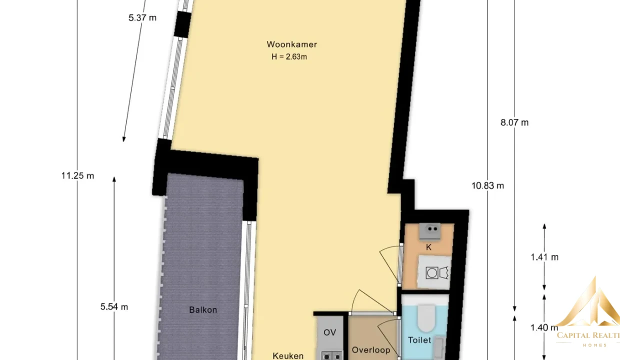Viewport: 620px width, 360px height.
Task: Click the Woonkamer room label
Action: [x=291, y=44]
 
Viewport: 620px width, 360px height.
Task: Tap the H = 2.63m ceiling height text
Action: [x=289, y=56]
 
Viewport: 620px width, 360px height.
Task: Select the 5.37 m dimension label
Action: [x=142, y=17]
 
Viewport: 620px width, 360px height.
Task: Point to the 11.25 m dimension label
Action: [x=78, y=175]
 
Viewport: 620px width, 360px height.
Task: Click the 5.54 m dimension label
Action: [x=114, y=306]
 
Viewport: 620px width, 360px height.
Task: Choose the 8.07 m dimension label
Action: [x=514, y=122]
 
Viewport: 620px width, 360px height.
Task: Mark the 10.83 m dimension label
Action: [x=487, y=185]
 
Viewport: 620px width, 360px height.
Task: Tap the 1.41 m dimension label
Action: [x=544, y=257]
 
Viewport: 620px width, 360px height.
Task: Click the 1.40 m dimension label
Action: [x=544, y=327]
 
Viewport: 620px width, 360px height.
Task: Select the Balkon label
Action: [x=203, y=310]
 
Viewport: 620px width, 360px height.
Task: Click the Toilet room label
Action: [x=419, y=340]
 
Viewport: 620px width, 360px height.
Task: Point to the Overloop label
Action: [x=371, y=350]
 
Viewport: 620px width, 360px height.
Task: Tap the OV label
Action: [x=329, y=332]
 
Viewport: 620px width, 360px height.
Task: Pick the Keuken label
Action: [x=288, y=356]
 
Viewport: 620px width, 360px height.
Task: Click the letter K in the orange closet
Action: [x=428, y=247]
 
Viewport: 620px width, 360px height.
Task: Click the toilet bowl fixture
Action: [x=426, y=318]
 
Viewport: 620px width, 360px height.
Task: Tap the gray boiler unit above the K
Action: [x=430, y=231]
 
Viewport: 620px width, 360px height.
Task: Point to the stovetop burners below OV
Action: [x=332, y=356]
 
